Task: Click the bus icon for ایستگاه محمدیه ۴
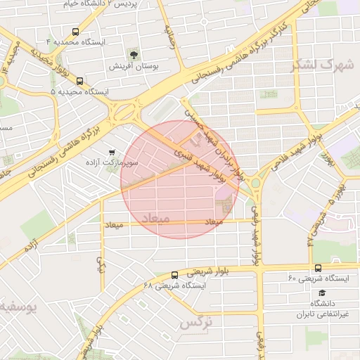[75, 32]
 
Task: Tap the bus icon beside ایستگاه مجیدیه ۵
[79, 82]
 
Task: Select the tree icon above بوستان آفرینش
[133, 54]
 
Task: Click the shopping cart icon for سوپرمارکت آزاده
[112, 152]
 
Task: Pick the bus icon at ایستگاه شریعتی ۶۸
[174, 275]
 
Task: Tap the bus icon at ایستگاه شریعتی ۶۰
[318, 268]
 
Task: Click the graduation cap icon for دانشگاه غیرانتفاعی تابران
[322, 292]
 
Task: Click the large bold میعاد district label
[155, 218]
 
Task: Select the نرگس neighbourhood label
[196, 323]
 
